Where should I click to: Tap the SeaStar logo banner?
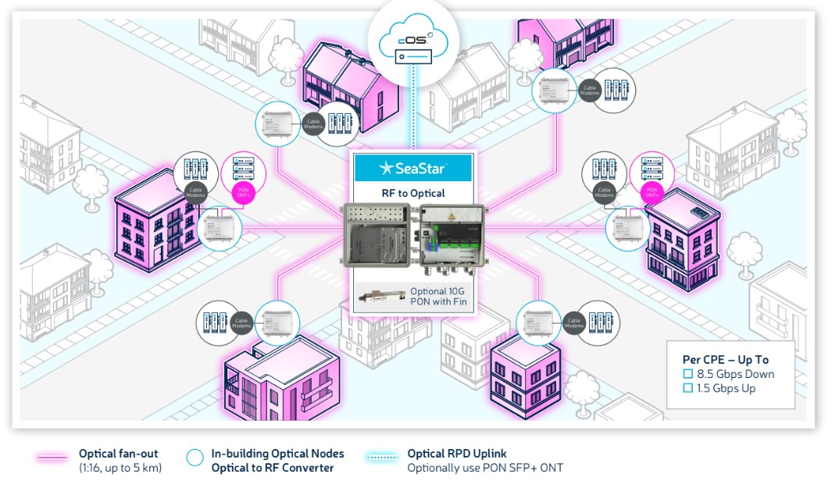point(412,168)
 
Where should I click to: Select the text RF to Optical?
point(412,193)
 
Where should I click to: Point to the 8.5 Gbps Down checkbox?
point(688,374)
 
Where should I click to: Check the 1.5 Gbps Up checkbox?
point(688,388)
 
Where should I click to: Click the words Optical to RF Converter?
point(273,468)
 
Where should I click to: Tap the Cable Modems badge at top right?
point(591,88)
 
